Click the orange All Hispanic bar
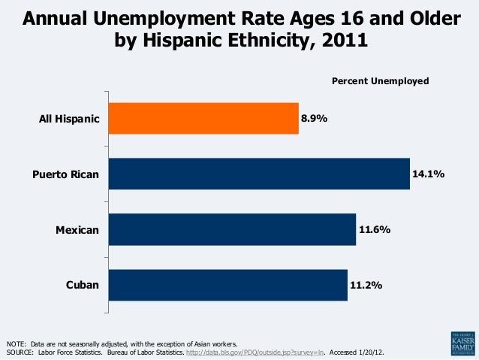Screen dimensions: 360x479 [x=203, y=118]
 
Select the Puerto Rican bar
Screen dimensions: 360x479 [x=259, y=174]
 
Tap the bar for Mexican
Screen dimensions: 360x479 [x=232, y=229]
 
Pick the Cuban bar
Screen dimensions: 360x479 [x=227, y=285]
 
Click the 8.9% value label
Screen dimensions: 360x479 [x=315, y=119]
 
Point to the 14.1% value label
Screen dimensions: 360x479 [x=428, y=174]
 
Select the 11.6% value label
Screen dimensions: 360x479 [x=374, y=229]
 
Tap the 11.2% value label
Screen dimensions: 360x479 [x=366, y=286]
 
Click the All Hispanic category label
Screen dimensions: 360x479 [x=69, y=119]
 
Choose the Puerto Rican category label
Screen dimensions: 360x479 [x=66, y=174]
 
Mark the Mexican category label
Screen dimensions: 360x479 [x=77, y=230]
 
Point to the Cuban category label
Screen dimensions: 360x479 [x=82, y=286]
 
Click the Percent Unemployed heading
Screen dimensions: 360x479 [x=380, y=80]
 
